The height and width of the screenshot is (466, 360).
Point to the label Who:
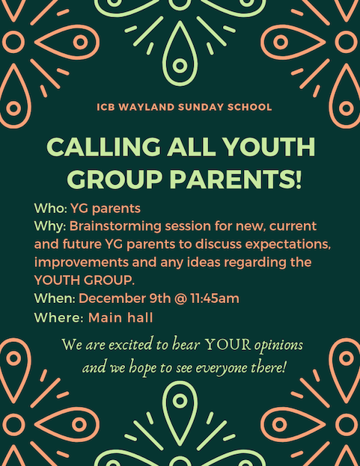click(x=51, y=209)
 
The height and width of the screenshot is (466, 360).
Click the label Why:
click(x=50, y=227)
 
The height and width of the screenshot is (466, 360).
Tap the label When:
click(x=55, y=298)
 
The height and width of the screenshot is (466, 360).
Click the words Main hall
click(x=120, y=318)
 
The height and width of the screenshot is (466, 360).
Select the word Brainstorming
click(x=116, y=227)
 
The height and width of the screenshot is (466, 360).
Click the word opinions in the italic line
click(x=278, y=346)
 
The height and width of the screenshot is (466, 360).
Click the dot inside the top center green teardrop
click(x=180, y=66)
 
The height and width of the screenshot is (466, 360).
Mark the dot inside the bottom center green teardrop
click(x=180, y=401)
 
